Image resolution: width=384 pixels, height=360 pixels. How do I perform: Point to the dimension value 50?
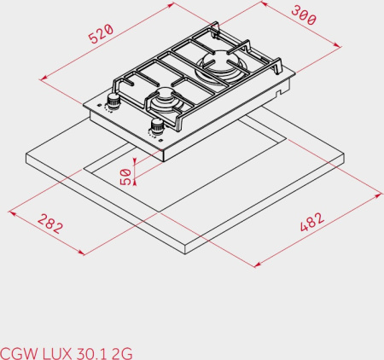tap(126, 177)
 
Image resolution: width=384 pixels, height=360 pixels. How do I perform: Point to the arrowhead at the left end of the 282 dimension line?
tap(10, 209)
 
